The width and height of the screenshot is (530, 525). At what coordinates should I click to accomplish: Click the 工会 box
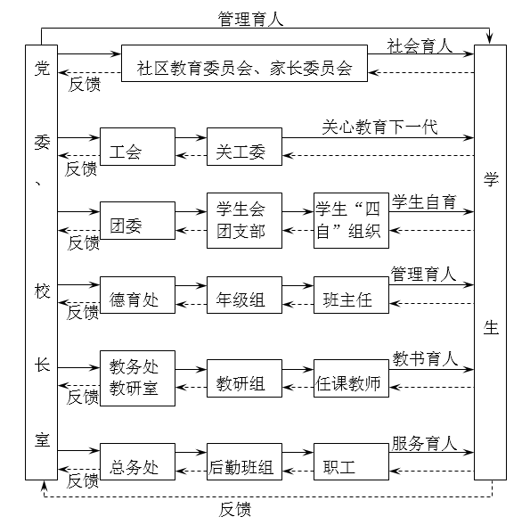[137, 146]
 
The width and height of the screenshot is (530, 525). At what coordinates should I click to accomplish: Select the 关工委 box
[244, 146]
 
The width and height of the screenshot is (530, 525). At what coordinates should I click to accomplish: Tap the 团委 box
[137, 220]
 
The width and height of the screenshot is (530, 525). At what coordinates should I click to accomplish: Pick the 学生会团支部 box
[244, 220]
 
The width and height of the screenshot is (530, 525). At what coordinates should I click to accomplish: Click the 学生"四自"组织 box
[351, 220]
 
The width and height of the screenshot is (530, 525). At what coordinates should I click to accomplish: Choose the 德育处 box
[137, 295]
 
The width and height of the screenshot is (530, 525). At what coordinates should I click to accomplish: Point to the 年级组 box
[244, 295]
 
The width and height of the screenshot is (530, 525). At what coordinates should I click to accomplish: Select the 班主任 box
[351, 295]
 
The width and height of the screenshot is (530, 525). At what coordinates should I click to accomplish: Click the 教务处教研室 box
[137, 378]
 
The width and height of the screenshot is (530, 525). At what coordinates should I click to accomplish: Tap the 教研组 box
[244, 378]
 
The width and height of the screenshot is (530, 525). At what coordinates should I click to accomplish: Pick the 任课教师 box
[351, 378]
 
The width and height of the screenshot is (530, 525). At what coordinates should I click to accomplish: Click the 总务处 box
[137, 462]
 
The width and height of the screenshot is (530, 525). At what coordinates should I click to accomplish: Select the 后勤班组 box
[244, 462]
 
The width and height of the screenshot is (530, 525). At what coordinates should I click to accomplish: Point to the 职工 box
[351, 462]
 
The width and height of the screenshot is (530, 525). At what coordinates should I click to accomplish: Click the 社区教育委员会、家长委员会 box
[244, 63]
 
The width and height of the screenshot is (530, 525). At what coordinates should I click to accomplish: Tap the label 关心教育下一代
[379, 127]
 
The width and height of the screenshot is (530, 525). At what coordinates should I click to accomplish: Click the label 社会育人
[420, 46]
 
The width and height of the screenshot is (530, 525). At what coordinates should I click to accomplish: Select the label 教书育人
[425, 358]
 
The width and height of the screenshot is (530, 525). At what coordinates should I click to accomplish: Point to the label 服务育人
[425, 443]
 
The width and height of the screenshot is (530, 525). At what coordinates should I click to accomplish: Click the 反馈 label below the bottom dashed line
[235, 510]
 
